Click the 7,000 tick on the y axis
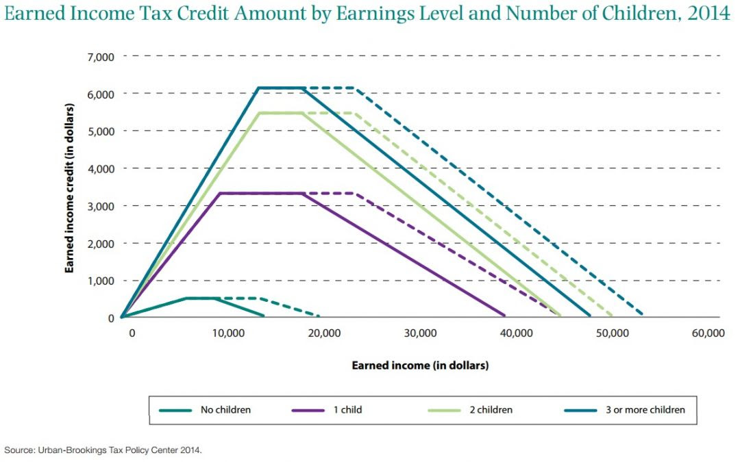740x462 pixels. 101,56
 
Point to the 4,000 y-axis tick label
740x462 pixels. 101,168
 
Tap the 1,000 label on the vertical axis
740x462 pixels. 101,281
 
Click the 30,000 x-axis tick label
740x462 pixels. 420,333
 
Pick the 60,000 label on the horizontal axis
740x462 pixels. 707,333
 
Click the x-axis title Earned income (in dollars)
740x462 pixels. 420,365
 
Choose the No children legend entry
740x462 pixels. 225,410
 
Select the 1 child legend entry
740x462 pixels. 349,410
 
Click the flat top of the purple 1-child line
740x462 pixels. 260,194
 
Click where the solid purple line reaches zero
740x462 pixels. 504,316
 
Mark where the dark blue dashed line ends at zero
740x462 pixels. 641,315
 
